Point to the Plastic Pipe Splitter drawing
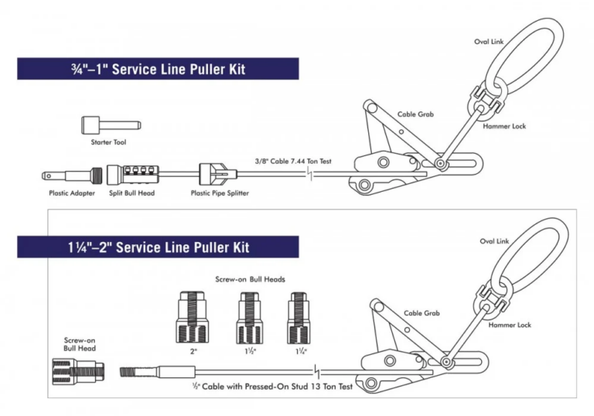[216, 173]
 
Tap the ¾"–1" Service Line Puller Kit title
[158, 69]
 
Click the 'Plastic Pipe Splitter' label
[220, 193]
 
